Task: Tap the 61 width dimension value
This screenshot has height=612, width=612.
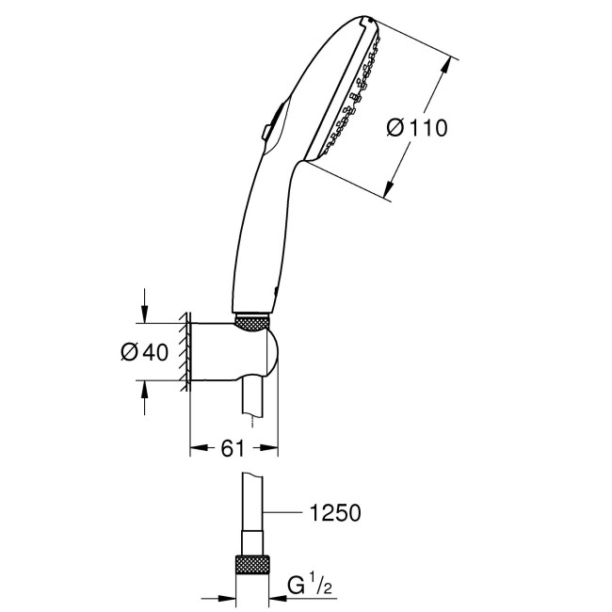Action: (x=234, y=448)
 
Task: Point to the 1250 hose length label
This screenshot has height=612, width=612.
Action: (x=334, y=513)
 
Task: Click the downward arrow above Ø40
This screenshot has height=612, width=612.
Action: (x=144, y=312)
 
